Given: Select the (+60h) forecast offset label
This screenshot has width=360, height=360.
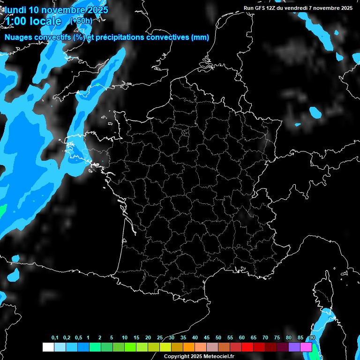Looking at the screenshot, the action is click(x=81, y=21).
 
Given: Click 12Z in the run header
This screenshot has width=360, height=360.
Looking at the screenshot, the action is click(x=272, y=8).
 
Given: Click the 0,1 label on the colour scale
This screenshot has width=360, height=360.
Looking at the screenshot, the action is click(x=55, y=338).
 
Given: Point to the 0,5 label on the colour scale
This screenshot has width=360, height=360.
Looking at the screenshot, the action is click(x=78, y=338).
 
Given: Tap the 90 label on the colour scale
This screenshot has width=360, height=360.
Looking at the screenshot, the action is click(x=312, y=338).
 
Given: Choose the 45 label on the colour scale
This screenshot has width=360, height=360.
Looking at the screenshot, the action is click(x=206, y=338).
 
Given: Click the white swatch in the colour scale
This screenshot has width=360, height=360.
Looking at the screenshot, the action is click(x=48, y=347).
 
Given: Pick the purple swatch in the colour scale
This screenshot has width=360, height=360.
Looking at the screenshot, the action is click(x=294, y=347).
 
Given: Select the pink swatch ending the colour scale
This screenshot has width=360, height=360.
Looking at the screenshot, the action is click(x=306, y=347).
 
